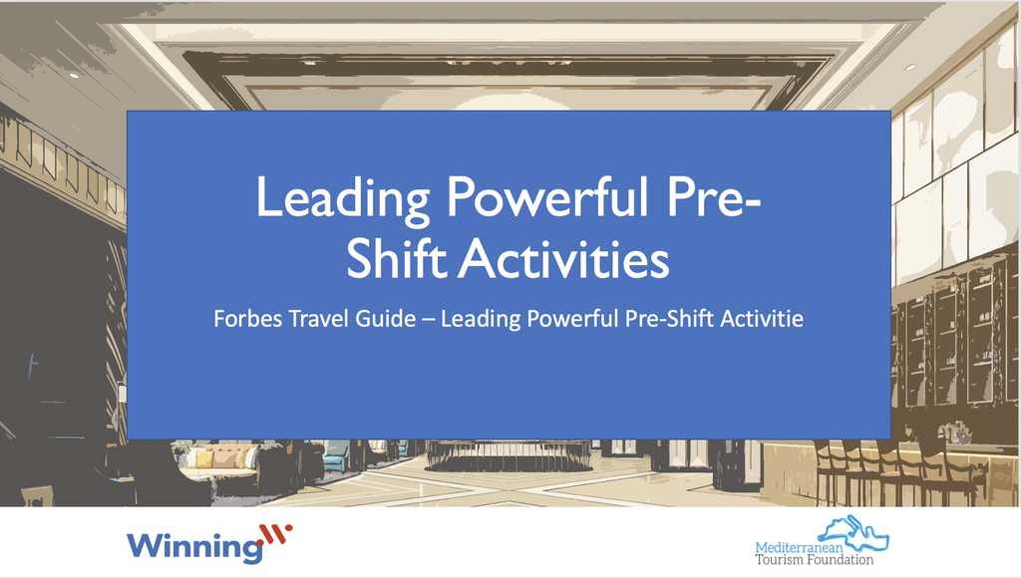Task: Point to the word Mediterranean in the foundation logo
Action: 804,546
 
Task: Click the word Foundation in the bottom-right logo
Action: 844,560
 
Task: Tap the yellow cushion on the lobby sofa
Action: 203,458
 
